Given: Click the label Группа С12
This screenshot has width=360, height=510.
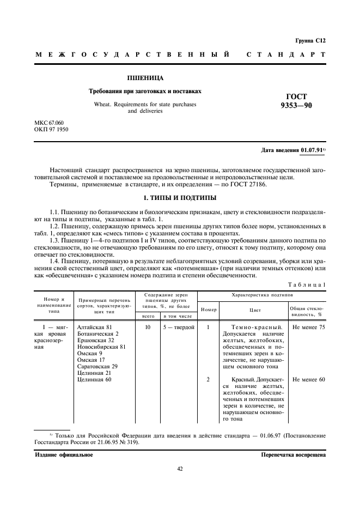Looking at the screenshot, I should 310,40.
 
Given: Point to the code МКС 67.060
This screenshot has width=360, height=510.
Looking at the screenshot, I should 49,124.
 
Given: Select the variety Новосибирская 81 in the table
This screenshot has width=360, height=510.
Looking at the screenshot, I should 102,347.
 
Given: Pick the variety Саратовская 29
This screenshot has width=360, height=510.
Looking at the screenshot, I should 97,367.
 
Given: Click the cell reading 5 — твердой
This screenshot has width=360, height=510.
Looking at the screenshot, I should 176,327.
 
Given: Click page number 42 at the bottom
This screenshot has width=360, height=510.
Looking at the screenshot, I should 180,468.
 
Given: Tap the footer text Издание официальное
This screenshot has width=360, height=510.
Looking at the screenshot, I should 60,454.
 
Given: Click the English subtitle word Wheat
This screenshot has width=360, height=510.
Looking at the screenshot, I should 103,104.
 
